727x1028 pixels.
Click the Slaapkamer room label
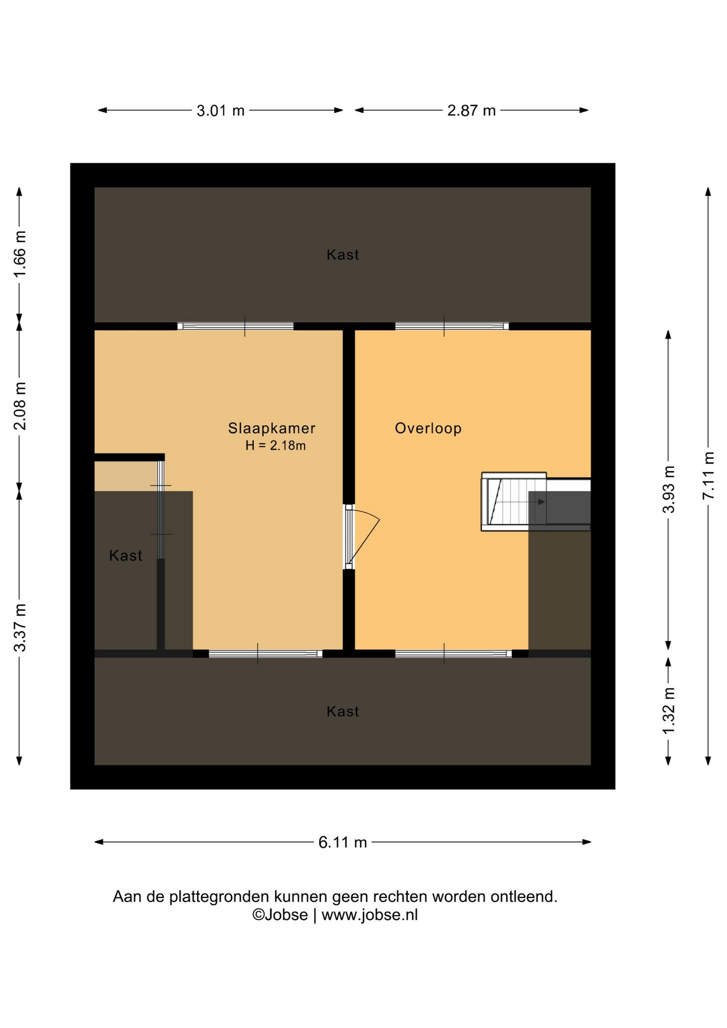271,428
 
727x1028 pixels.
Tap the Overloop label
428,428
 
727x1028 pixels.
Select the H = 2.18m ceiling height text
276,445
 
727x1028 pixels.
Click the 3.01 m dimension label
221,111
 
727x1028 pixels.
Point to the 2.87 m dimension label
472,111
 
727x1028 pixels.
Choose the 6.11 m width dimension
343,842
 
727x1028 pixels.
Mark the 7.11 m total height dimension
708,476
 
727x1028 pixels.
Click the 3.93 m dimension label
669,489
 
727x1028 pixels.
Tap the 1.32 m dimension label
669,712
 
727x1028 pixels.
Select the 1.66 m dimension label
20,254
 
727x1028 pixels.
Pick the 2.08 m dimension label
20,406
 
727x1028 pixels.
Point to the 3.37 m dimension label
20,628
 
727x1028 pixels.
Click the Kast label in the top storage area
343,255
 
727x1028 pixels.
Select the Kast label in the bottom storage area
343,712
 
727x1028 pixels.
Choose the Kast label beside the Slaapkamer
126,556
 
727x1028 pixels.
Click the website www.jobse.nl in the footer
369,915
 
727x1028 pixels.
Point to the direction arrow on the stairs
541,502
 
